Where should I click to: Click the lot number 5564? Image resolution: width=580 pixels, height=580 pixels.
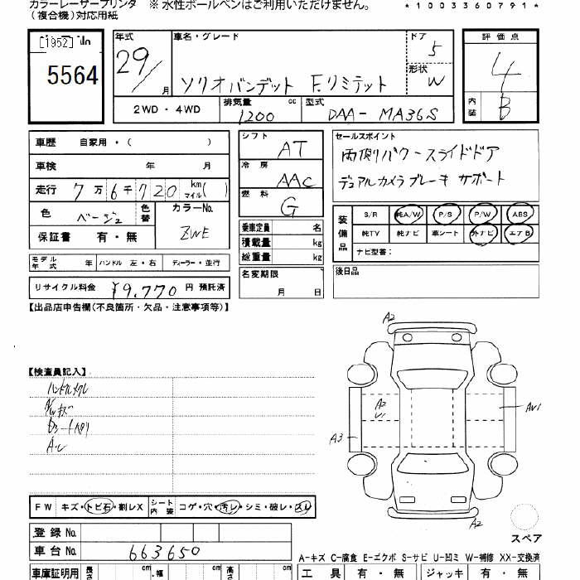click(73, 76)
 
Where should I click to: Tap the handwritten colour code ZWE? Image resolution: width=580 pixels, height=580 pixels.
click(194, 233)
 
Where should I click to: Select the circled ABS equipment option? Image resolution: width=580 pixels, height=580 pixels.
click(519, 214)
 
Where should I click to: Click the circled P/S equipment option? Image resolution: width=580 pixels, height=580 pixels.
click(447, 214)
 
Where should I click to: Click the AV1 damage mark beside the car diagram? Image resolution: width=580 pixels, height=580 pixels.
click(532, 407)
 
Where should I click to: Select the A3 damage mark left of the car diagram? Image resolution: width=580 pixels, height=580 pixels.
click(336, 438)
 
